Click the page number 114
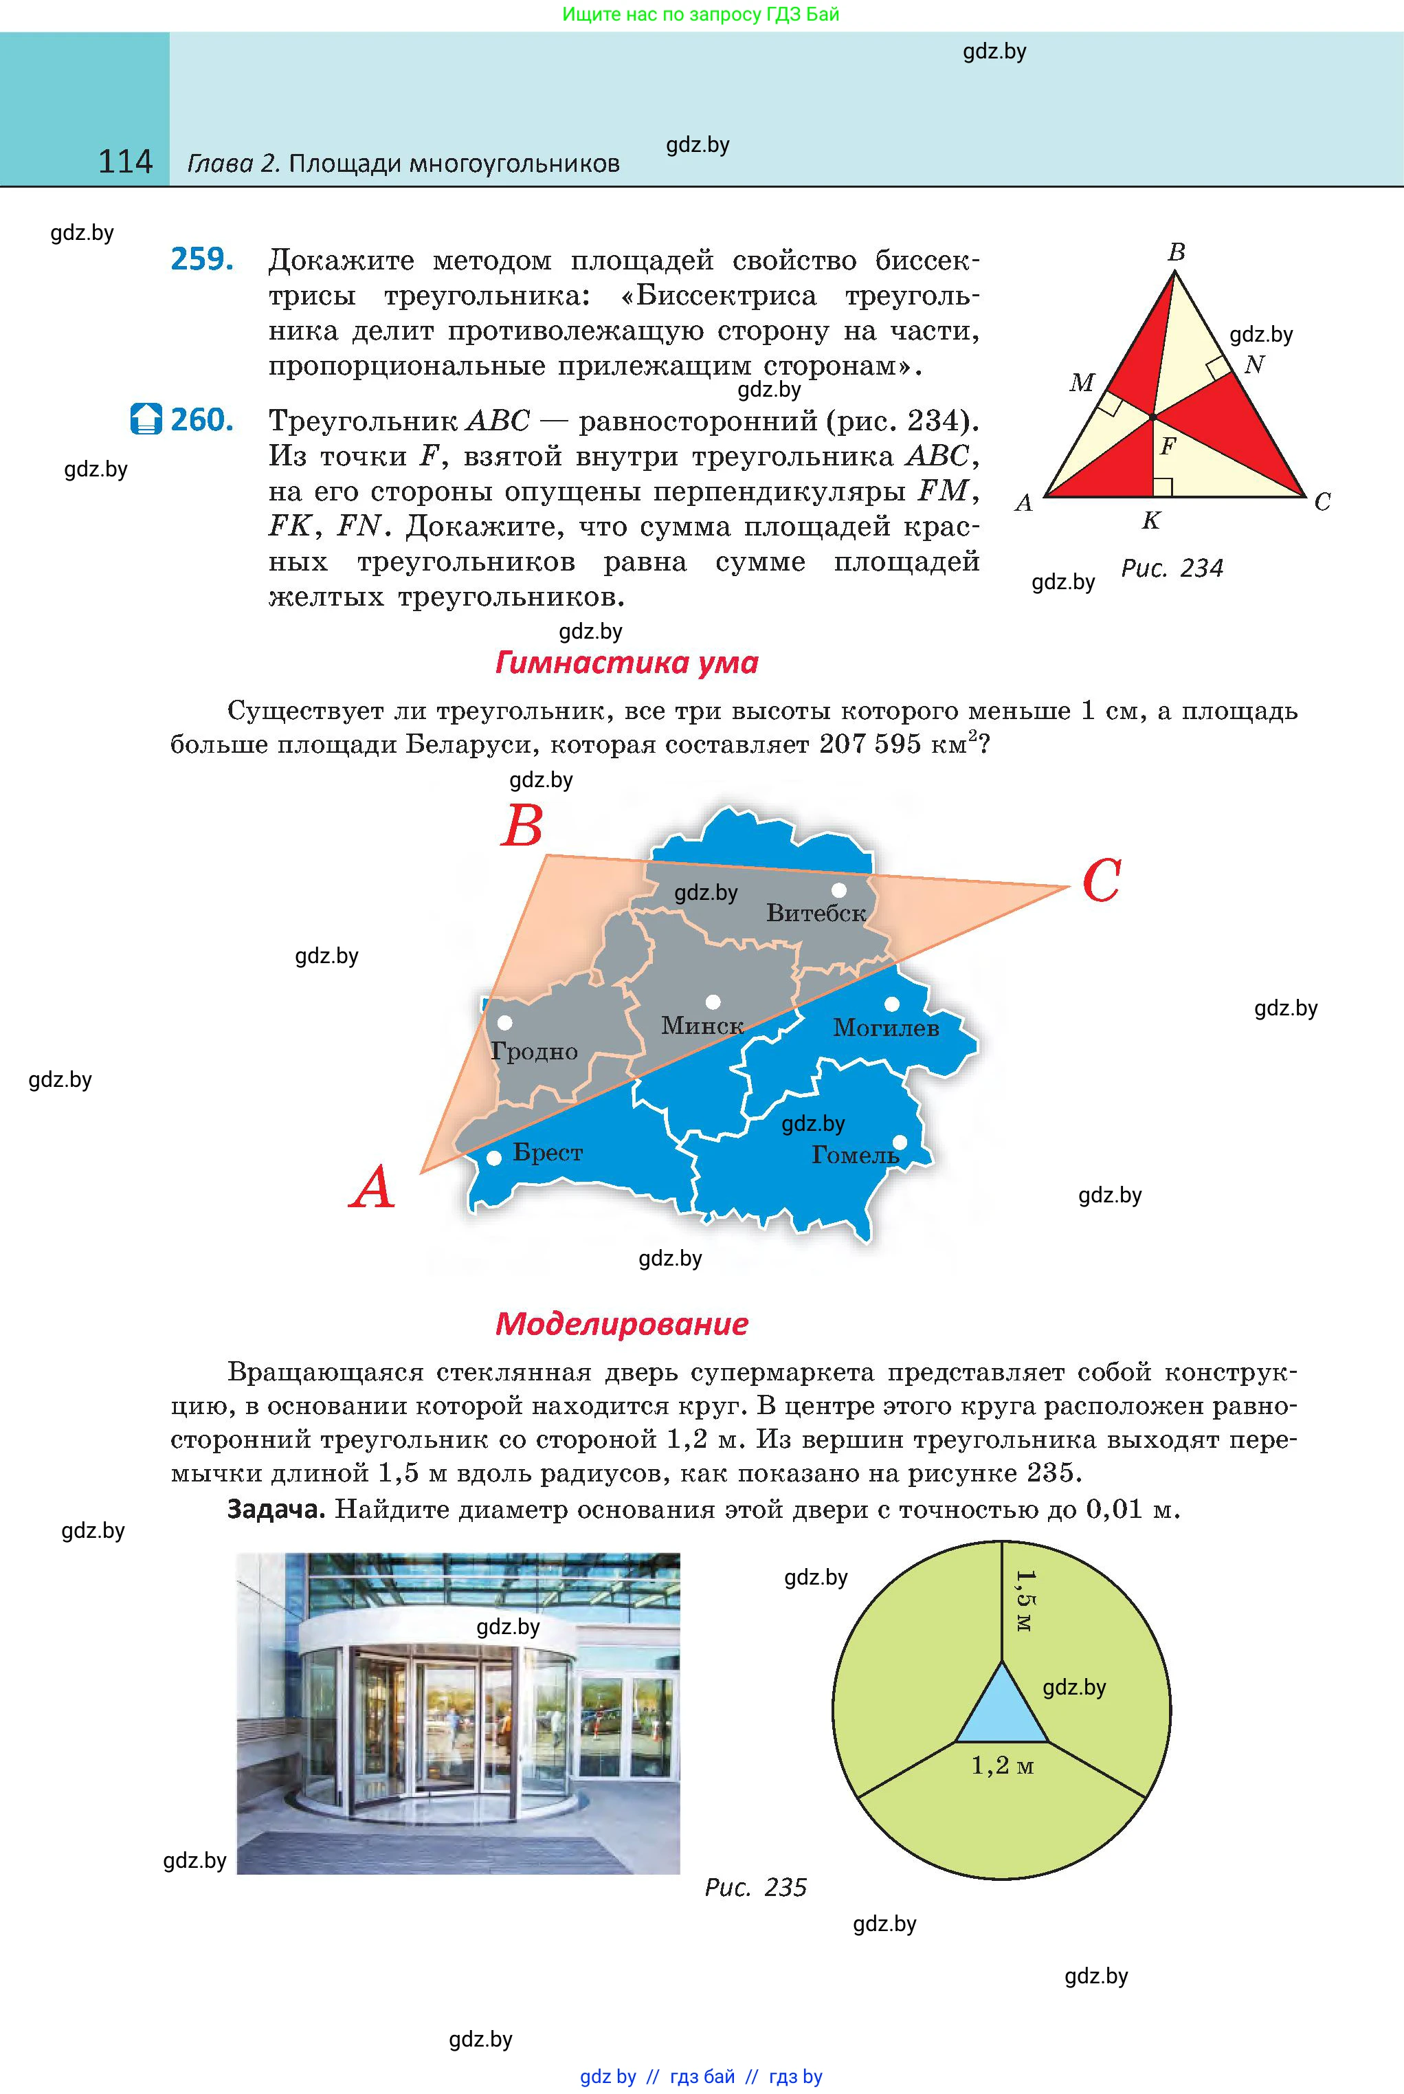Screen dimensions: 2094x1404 click(125, 162)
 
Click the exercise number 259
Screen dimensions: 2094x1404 click(202, 259)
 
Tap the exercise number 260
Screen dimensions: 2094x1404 click(202, 419)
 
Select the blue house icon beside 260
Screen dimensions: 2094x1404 click(146, 418)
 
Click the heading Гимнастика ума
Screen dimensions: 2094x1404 click(627, 663)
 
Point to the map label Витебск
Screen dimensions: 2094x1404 click(816, 914)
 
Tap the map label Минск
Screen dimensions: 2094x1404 click(702, 1026)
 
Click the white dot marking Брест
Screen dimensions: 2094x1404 click(493, 1158)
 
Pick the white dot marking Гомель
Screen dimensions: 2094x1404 click(900, 1142)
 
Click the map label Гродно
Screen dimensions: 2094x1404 click(535, 1052)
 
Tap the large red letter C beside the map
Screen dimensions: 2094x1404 click(1102, 881)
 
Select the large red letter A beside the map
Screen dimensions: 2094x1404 click(372, 1188)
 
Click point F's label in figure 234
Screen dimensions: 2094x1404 click(1168, 445)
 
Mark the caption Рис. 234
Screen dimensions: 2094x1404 click(1172, 568)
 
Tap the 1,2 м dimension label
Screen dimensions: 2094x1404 click(1003, 1765)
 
